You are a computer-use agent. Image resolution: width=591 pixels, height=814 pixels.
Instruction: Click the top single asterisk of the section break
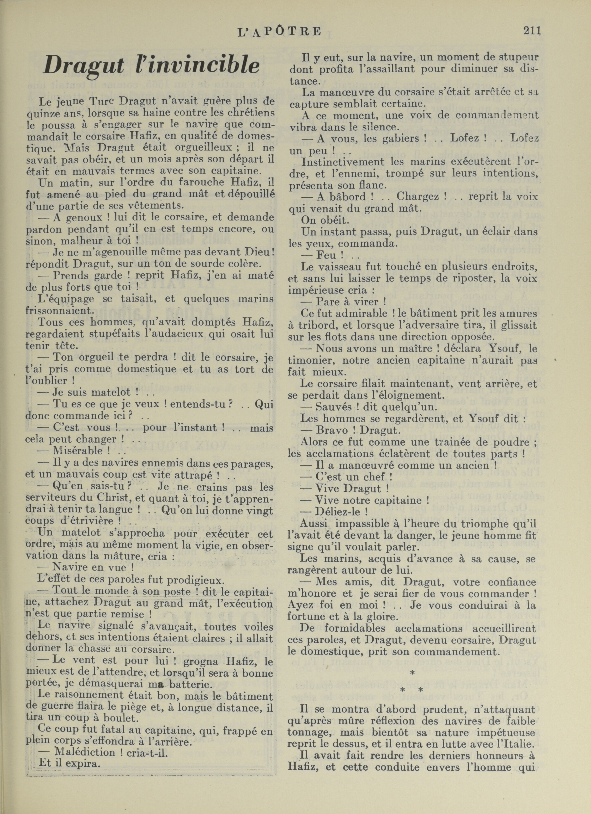[412, 672]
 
